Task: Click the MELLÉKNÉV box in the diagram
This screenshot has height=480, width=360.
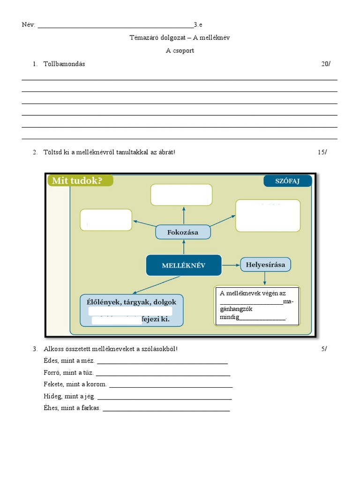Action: click(x=183, y=265)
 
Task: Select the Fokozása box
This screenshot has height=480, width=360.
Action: click(x=183, y=232)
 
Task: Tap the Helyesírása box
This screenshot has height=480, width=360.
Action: click(x=265, y=264)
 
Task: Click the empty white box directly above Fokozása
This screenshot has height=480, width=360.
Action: click(x=181, y=195)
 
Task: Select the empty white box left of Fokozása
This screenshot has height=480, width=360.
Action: click(x=106, y=220)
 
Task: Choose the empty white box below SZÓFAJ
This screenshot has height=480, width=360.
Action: click(x=268, y=216)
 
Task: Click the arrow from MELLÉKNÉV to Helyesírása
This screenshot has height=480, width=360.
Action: click(x=230, y=265)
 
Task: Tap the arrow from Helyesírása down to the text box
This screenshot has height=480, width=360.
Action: click(x=265, y=278)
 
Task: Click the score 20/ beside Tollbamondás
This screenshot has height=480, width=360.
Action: click(x=325, y=64)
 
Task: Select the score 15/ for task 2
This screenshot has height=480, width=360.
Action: click(x=322, y=152)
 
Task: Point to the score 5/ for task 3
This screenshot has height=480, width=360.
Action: click(x=324, y=349)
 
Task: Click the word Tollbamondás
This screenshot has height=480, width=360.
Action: click(x=64, y=64)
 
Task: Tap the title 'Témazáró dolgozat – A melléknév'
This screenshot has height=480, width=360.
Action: click(x=180, y=37)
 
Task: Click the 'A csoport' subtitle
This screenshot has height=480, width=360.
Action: click(x=180, y=51)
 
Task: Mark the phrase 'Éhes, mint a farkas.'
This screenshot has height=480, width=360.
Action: click(x=72, y=408)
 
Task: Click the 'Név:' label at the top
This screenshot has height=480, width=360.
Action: click(x=28, y=25)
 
